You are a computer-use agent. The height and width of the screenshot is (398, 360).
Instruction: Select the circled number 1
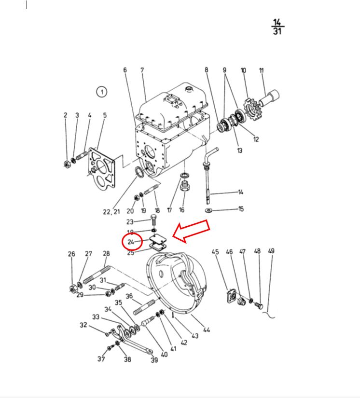(101, 92)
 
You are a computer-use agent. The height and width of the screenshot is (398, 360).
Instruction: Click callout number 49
(271, 251)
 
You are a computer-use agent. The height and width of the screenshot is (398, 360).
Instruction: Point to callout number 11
(261, 71)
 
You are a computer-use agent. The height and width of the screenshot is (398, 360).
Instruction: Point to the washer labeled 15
(208, 211)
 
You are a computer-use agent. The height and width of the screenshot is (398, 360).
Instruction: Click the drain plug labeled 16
(184, 186)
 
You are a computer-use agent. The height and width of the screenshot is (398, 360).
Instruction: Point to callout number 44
(206, 330)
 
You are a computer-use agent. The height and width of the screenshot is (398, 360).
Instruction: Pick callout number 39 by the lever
(154, 360)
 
